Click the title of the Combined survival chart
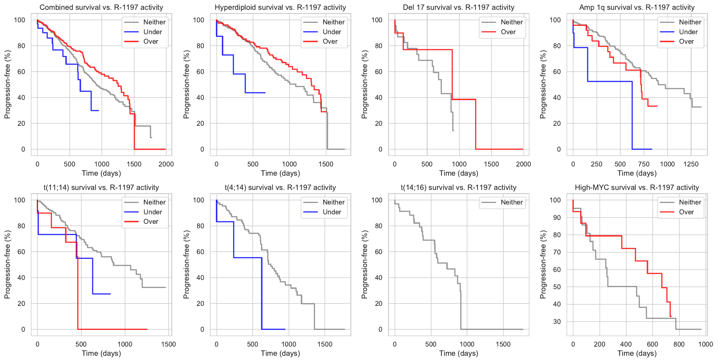point(101,7)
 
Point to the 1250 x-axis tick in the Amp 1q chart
point(691,164)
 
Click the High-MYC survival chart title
point(637,188)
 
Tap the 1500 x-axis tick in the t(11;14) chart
point(168,344)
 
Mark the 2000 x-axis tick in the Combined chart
point(166,164)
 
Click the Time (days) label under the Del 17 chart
point(458,173)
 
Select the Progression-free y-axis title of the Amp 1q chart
point(543,84)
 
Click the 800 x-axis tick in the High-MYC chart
point(679,344)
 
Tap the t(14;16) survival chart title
point(458,188)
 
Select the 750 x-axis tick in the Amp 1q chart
point(643,164)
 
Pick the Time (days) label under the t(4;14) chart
point(280,353)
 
